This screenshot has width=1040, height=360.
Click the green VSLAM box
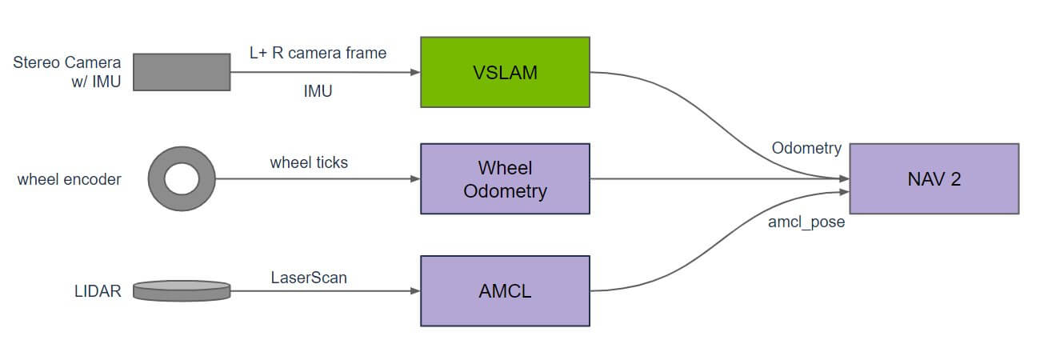tap(505, 72)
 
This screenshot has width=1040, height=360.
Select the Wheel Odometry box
tap(505, 179)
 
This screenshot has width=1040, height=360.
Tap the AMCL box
tap(505, 290)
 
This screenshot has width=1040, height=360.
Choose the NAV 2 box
tap(934, 178)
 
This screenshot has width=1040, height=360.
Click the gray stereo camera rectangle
tap(182, 72)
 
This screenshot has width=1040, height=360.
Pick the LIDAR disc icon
tap(182, 290)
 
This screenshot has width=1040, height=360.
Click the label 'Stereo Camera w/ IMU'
tap(67, 72)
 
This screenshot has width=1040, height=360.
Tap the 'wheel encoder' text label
tap(70, 179)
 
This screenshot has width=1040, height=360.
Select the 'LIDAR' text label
tap(98, 291)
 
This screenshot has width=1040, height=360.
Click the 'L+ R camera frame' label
tap(318, 53)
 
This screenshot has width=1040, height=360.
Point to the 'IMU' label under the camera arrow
tap(318, 92)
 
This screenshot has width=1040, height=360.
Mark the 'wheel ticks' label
tap(309, 162)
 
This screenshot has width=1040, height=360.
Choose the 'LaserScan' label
tap(309, 278)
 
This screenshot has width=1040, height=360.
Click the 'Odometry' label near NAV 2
tap(806, 148)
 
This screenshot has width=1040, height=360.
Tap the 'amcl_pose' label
tap(806, 222)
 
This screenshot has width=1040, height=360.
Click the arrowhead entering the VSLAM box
tap(415, 72)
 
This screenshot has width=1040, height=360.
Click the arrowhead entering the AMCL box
tap(415, 291)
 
